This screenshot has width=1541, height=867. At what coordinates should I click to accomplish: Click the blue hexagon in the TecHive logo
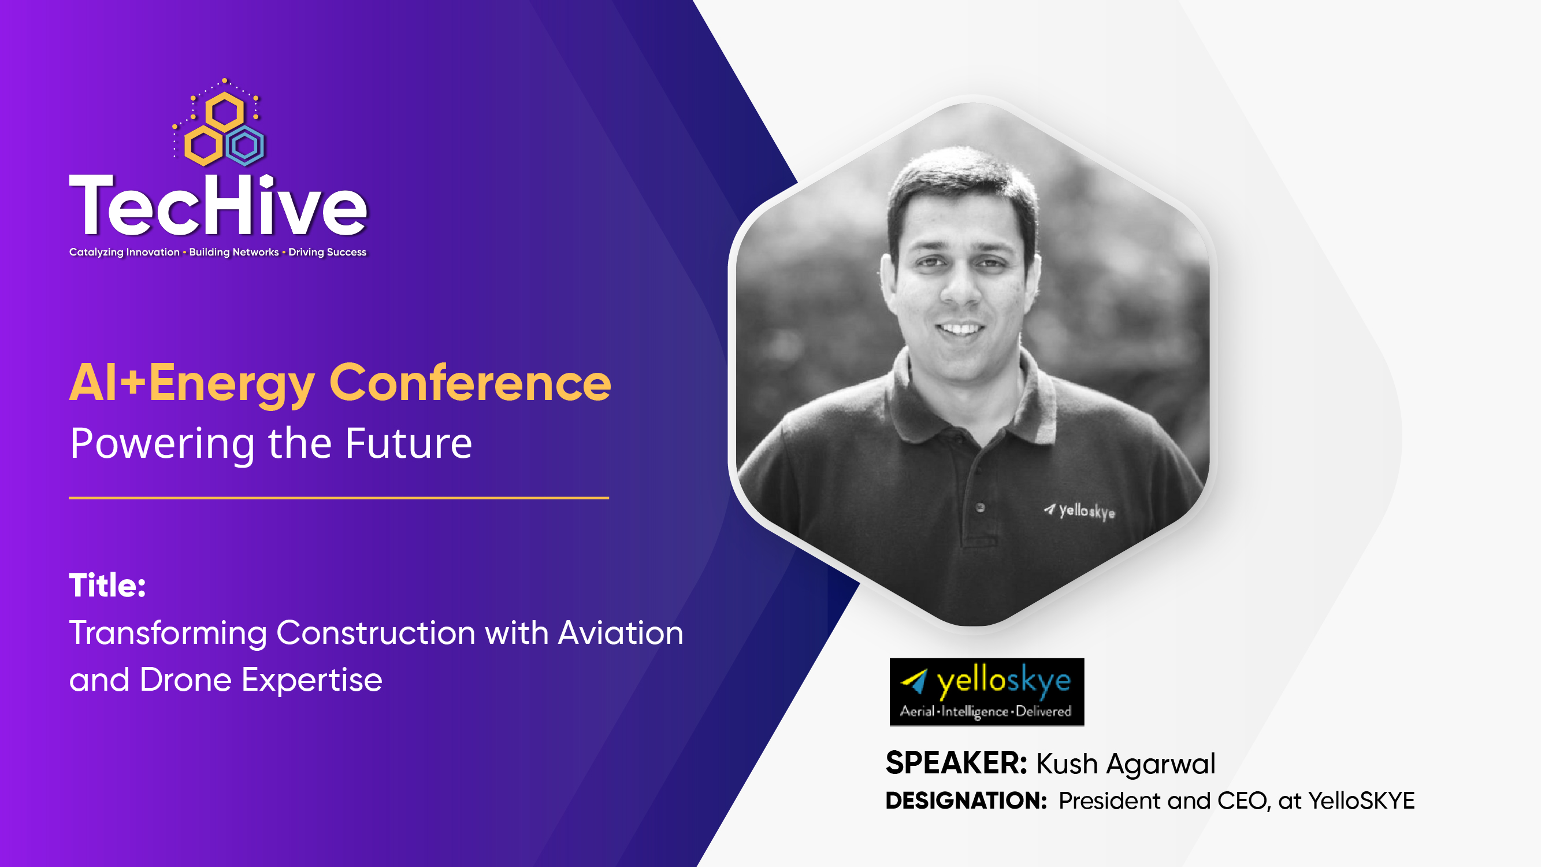245,146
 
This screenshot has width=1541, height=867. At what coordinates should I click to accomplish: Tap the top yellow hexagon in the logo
224,112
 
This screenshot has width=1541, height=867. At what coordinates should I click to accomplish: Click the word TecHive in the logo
218,206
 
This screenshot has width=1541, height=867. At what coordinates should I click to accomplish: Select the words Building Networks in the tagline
234,252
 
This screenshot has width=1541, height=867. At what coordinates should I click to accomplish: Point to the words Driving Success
327,252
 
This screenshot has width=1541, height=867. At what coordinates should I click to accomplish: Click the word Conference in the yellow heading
470,383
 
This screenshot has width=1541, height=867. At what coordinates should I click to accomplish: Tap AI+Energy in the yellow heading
192,383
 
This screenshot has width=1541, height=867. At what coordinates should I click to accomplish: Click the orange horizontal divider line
339,497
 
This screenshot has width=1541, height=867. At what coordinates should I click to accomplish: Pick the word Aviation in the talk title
621,633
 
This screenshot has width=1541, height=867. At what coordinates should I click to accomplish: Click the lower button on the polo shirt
980,508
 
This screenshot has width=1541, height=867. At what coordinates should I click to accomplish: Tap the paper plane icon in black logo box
914,681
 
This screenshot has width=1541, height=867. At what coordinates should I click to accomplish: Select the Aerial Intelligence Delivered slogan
985,712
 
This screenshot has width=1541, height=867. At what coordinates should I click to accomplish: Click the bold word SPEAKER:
956,764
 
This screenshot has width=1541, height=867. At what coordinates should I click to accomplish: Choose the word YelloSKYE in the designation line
1361,801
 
